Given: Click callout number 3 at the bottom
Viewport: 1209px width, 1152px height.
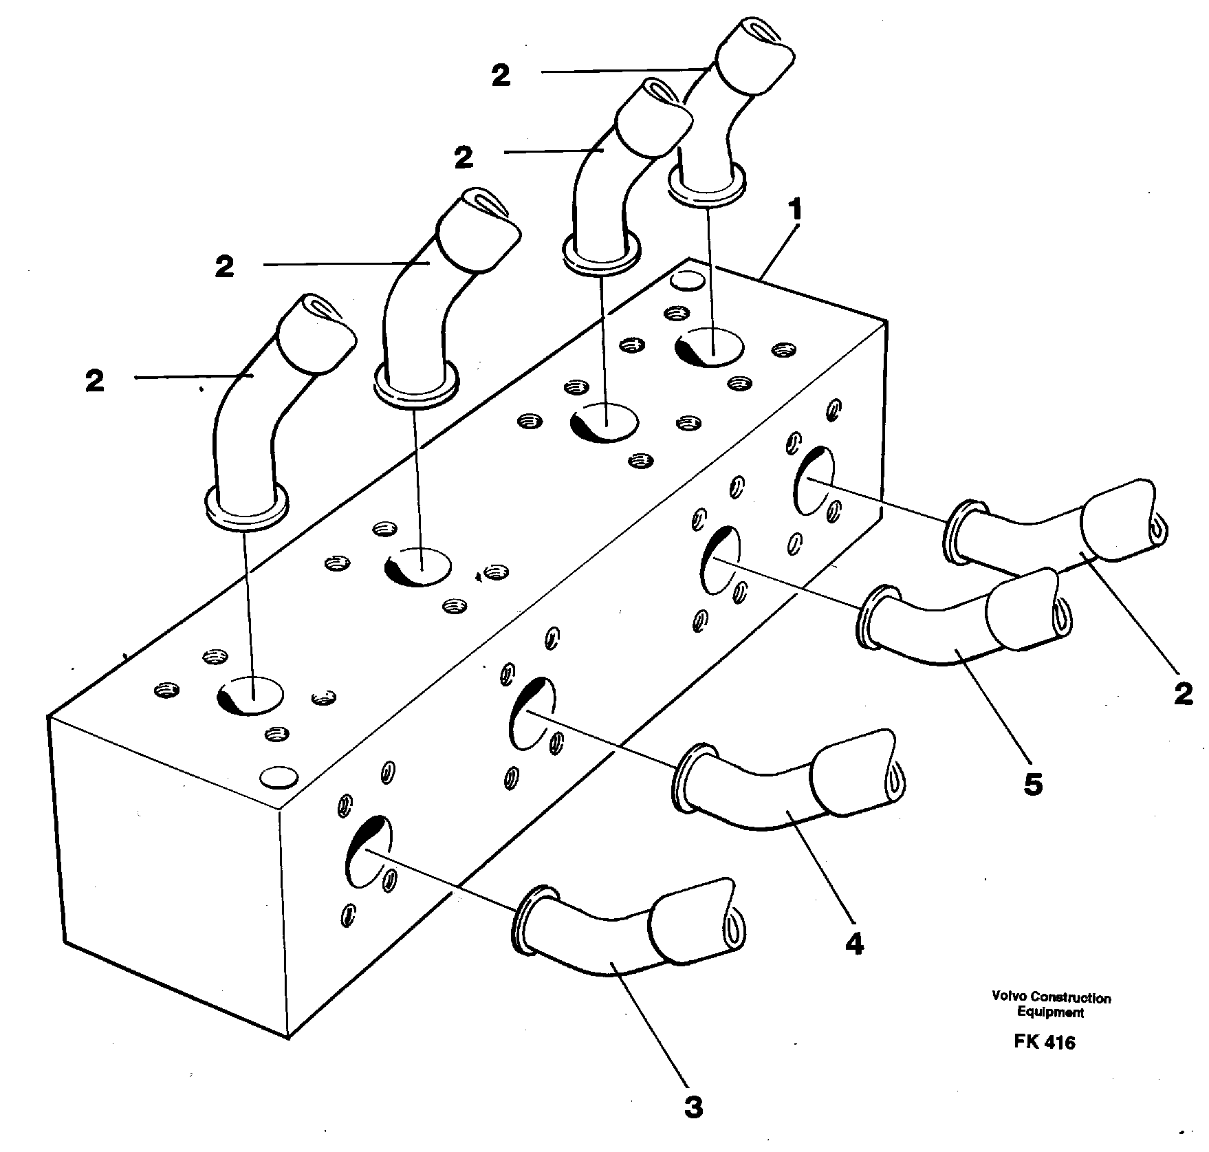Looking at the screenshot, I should (694, 1107).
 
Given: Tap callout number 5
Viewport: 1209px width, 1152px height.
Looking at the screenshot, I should (1033, 783).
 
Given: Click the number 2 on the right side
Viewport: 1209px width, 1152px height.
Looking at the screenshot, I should (1182, 694).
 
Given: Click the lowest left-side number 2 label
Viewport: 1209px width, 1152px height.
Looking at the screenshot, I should (95, 381).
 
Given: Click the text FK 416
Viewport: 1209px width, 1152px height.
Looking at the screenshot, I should (1044, 1042).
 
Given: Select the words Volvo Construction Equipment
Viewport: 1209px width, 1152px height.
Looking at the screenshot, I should (1051, 1004).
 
